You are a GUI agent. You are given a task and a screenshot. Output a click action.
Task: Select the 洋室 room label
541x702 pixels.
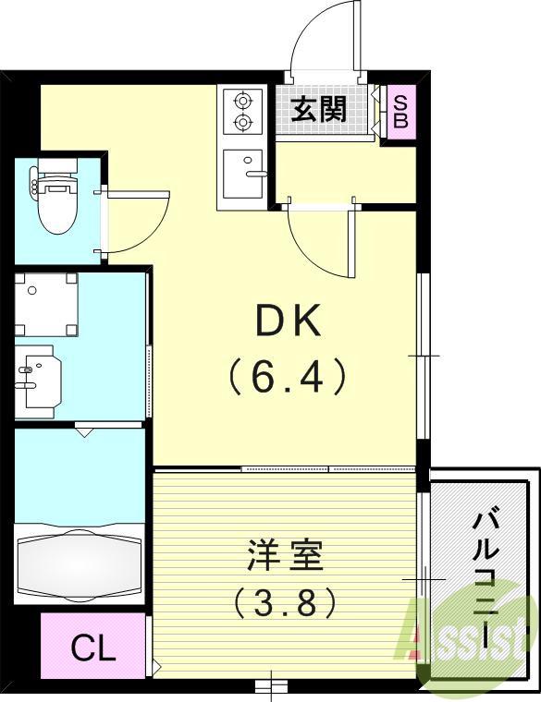283,558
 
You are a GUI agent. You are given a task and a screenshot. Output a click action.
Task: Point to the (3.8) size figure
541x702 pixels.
283,605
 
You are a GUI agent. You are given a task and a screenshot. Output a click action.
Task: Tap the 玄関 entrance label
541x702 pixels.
319,109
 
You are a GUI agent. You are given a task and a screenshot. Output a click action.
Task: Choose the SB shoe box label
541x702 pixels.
400,111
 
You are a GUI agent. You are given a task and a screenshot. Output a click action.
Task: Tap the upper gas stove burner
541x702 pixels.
243,100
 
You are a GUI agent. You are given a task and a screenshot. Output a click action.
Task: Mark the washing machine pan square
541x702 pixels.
45,304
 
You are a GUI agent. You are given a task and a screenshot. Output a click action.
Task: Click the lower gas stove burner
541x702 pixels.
243,122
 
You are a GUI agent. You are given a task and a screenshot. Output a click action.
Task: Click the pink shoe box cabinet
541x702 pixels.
400,111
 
